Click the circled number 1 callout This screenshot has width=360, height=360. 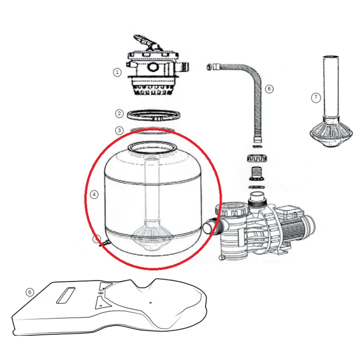[x=117, y=72]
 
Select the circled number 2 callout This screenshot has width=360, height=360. [x=119, y=113]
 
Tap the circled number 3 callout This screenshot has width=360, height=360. [x=119, y=130]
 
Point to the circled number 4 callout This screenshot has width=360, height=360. [x=94, y=194]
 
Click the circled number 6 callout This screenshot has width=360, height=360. [x=30, y=292]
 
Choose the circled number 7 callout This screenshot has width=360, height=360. [x=316, y=98]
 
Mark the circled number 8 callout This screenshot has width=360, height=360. [x=269, y=89]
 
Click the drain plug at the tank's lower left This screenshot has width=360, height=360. [x=105, y=243]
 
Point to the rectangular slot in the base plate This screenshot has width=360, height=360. [x=66, y=295]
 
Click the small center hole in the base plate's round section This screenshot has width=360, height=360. [x=150, y=302]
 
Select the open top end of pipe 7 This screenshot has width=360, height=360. [x=331, y=57]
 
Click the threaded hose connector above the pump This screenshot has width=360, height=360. [x=257, y=173]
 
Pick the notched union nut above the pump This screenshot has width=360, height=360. [x=257, y=158]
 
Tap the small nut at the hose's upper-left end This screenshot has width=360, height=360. [x=209, y=67]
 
